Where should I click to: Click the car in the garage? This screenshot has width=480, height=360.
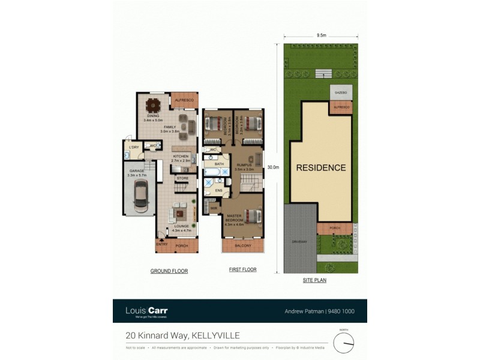coord(140,196)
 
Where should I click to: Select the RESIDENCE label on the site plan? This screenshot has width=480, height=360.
coord(321,168)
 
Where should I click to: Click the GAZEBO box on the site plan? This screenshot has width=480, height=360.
coord(340,93)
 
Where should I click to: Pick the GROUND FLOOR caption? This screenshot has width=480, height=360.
coord(169,271)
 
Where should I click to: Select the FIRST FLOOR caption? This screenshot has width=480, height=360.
coord(242,270)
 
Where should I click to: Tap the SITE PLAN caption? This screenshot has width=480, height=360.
coord(314,280)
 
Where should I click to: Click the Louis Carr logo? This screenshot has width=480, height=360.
coord(146,311)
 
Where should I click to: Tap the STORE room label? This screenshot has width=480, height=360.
coord(182,178)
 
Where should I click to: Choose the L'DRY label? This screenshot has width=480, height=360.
coord(134,148)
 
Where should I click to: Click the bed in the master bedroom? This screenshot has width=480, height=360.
coord(253,215)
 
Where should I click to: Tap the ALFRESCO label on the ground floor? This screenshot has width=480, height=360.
coord(183,99)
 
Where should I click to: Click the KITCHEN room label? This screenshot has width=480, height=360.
coord(181,157)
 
